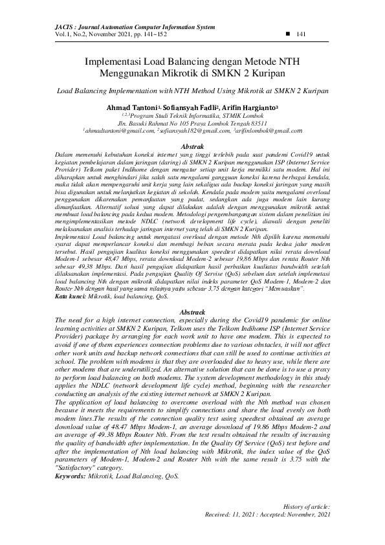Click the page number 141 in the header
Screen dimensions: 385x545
coord(301,34)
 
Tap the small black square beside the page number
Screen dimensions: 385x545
coord(287,34)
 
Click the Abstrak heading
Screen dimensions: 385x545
coord(192,148)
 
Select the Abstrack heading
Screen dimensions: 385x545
coord(192,312)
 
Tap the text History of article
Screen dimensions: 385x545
coord(307,506)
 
